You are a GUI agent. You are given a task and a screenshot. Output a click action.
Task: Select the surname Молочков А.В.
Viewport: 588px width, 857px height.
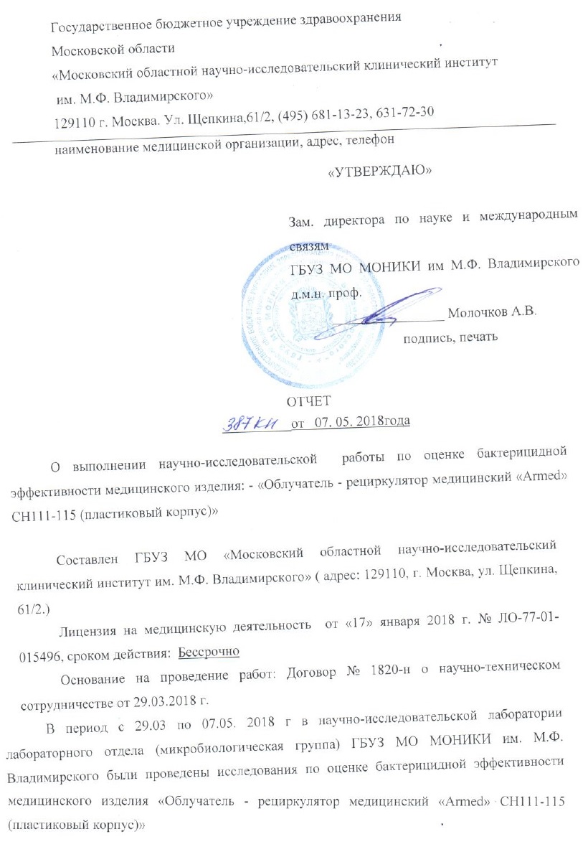click(x=492, y=313)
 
